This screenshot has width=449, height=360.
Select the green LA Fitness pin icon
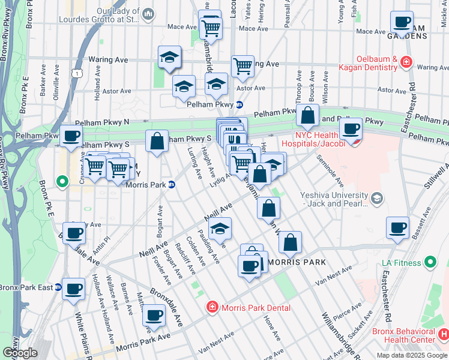[x=430, y=262]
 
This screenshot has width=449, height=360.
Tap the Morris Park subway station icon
[x=171, y=184]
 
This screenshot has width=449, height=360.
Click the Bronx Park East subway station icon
[x=58, y=287]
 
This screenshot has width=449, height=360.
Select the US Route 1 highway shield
[x=76, y=73]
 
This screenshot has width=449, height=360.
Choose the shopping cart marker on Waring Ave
[x=243, y=66]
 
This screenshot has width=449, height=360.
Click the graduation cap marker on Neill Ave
[x=220, y=229]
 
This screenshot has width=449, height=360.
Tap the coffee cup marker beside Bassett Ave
[x=397, y=228]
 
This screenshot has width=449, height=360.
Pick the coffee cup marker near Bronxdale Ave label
[x=154, y=314]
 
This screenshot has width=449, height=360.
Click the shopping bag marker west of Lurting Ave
[x=157, y=142]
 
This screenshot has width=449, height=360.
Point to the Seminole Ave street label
[x=333, y=173]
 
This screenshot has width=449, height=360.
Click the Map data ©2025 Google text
[x=411, y=355]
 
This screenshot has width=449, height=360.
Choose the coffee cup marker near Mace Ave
[x=402, y=22]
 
